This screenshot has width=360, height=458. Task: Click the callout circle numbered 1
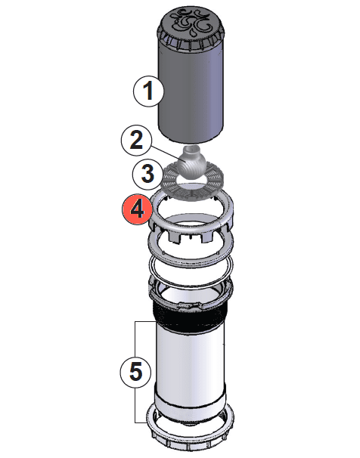tap(148, 91)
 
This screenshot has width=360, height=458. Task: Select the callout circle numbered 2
tap(137, 139)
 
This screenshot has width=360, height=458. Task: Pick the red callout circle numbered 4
tap(136, 209)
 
